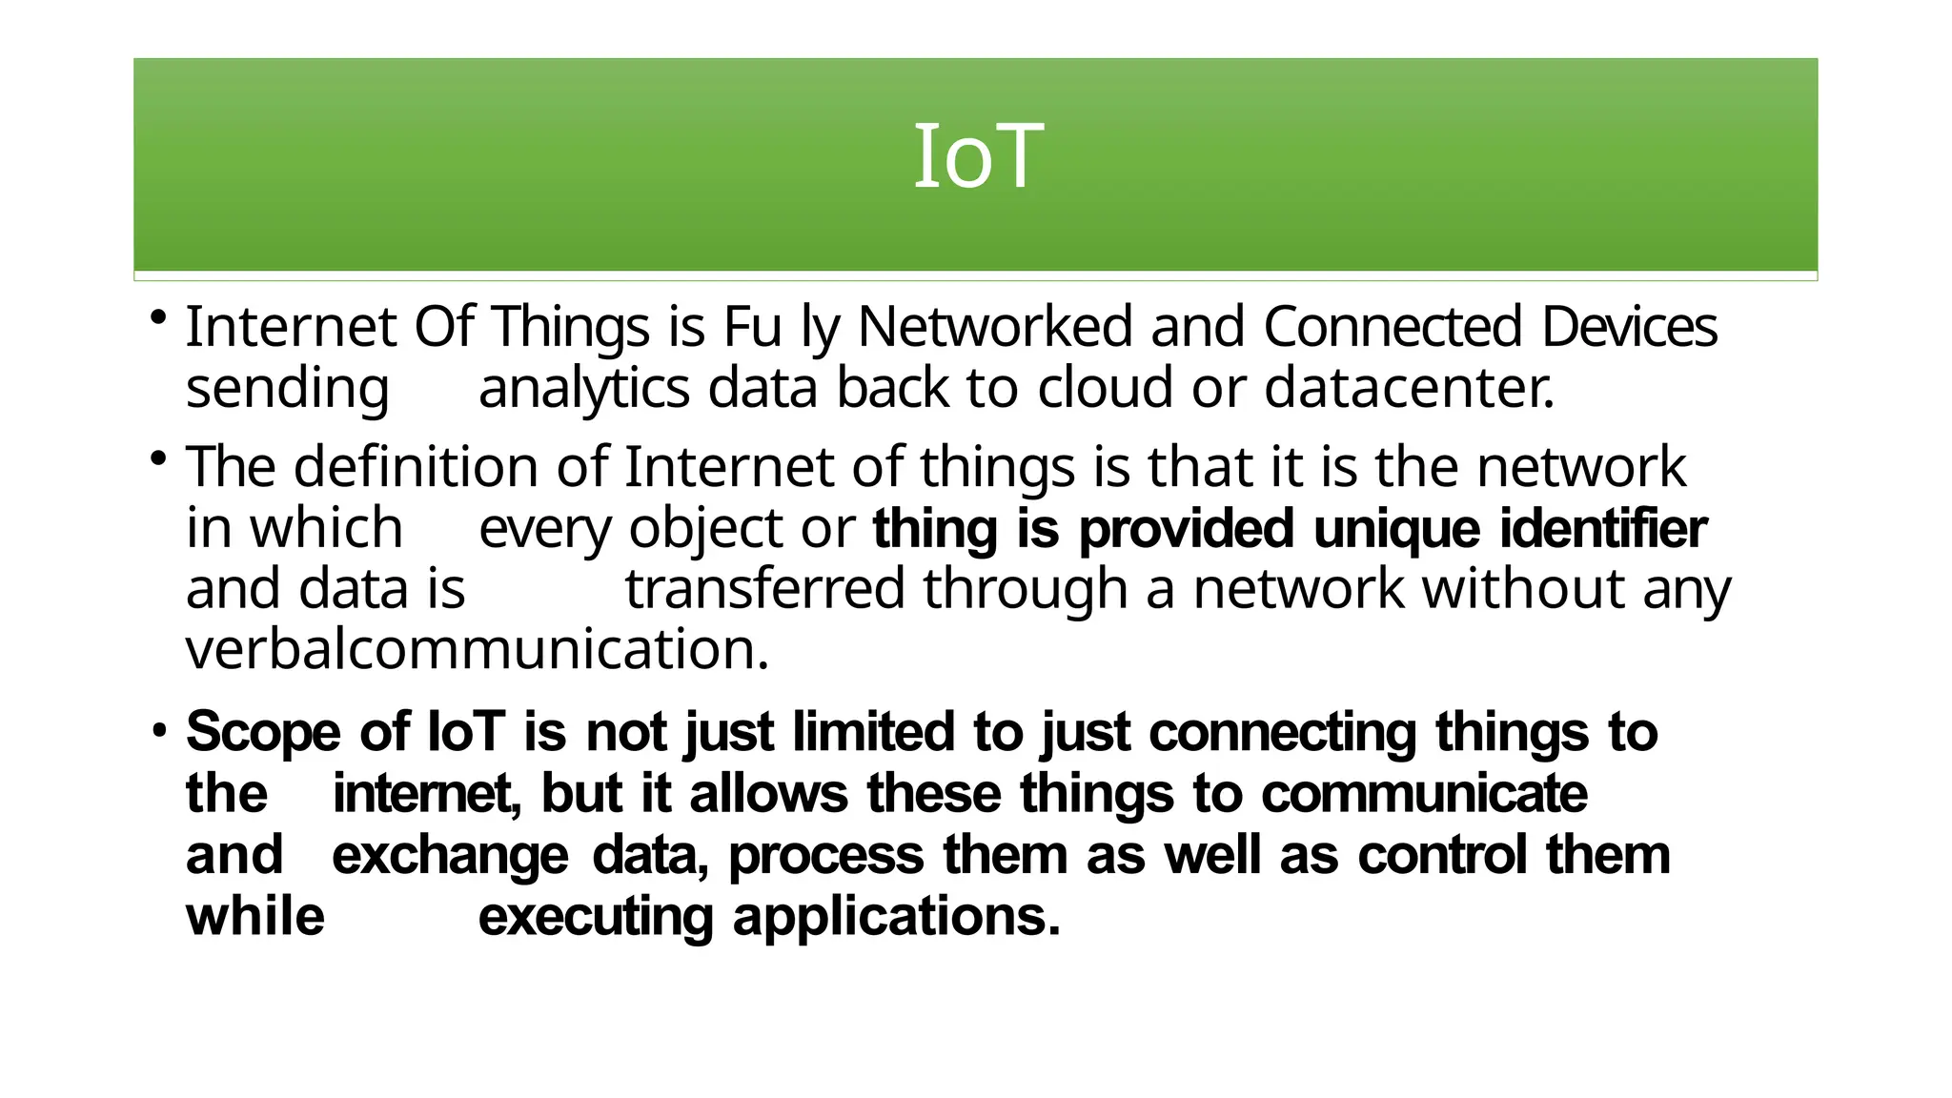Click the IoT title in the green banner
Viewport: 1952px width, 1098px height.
[x=977, y=157]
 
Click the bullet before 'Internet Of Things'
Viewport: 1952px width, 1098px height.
[x=159, y=316]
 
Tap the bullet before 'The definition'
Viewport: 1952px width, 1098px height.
[x=159, y=457]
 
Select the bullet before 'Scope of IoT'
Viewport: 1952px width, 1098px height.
[x=159, y=732]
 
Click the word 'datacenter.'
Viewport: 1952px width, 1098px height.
[x=1410, y=389]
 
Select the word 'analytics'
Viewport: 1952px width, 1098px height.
[x=583, y=389]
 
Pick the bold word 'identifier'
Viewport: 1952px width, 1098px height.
[x=1603, y=529]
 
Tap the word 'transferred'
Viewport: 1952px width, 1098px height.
[x=764, y=589]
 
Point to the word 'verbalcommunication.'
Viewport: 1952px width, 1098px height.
[x=477, y=650]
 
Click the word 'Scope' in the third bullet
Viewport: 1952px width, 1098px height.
[x=263, y=733]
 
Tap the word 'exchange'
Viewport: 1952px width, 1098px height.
[x=450, y=855]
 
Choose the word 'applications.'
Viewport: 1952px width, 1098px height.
[x=896, y=917]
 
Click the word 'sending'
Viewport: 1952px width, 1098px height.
[x=287, y=389]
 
